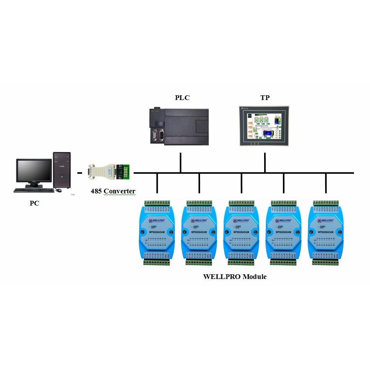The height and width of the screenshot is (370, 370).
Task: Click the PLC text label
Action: (x=182, y=98)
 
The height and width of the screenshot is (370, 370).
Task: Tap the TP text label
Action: (x=265, y=98)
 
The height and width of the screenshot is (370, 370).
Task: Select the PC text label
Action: (x=34, y=203)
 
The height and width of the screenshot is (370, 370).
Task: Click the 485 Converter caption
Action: (x=113, y=191)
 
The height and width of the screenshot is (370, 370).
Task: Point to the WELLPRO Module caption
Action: (x=235, y=277)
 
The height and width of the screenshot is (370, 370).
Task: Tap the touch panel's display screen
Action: (x=263, y=126)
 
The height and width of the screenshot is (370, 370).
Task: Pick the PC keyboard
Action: (x=34, y=190)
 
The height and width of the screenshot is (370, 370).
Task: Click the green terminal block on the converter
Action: (x=126, y=172)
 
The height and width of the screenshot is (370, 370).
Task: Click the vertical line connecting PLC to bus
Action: (x=181, y=162)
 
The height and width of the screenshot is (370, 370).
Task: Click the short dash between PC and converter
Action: (x=80, y=173)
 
